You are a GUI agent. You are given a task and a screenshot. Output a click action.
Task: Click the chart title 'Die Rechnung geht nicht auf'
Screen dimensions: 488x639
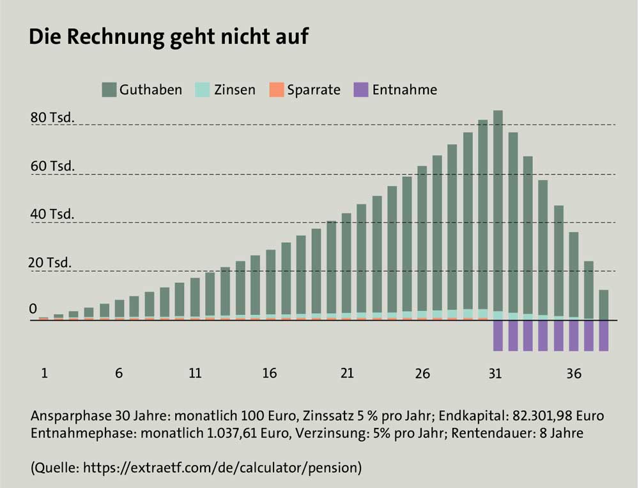169,37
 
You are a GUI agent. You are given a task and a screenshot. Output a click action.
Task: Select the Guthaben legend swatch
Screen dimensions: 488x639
109,90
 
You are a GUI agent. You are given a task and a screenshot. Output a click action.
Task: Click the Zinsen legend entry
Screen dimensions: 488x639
225,90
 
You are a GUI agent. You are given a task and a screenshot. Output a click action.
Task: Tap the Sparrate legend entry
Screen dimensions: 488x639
305,90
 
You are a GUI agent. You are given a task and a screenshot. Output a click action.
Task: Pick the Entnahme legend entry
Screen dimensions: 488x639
396,90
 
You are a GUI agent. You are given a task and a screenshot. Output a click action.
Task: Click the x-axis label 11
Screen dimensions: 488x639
195,374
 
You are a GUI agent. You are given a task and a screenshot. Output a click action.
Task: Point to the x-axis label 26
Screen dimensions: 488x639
422,374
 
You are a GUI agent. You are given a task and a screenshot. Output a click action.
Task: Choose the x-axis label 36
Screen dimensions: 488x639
574,374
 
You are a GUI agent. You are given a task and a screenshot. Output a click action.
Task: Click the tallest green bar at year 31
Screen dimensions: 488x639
498,211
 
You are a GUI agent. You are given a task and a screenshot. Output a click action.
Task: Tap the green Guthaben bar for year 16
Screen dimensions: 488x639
270,284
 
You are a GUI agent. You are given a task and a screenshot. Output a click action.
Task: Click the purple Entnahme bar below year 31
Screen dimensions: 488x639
498,335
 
